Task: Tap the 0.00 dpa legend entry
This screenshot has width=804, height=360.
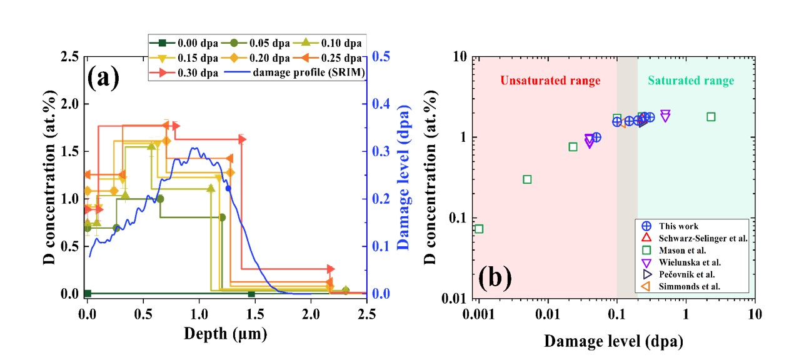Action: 181,43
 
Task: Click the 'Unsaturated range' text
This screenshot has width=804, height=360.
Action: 550,81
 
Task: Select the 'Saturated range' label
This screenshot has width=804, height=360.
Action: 691,81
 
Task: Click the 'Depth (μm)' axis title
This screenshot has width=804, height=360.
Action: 225,334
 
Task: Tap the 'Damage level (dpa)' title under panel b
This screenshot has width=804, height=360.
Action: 613,342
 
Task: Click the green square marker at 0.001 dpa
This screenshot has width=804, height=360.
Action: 479,229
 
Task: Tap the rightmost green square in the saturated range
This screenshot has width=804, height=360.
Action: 711,117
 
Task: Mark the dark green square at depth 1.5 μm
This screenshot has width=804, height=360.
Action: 251,294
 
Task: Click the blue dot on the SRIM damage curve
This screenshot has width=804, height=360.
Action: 228,188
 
